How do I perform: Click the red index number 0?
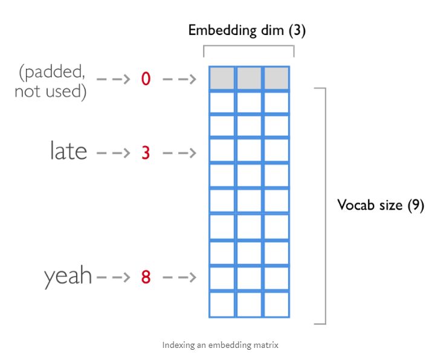tap(146, 79)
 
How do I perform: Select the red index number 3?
tap(145, 152)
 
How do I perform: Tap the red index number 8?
tap(145, 278)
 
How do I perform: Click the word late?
tap(68, 151)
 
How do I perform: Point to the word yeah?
tap(68, 277)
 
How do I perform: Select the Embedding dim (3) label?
tap(247, 31)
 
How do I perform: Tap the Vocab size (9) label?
tap(381, 205)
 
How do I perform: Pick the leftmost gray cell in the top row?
tap(222, 79)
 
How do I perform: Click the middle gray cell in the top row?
tap(249, 79)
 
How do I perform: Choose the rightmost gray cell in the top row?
tap(276, 79)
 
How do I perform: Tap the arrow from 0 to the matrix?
tap(179, 79)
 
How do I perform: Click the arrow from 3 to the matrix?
tap(179, 152)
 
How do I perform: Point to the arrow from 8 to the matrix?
tap(179, 278)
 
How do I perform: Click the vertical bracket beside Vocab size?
tap(325, 205)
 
